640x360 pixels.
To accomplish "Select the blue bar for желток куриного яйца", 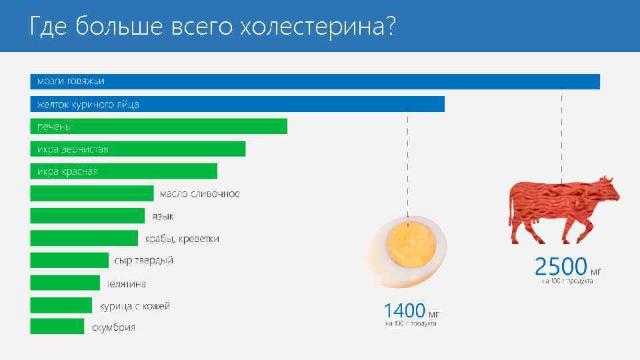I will coord(237,104).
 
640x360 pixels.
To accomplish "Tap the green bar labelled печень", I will coord(159,126).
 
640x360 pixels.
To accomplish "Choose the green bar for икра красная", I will coord(124,171).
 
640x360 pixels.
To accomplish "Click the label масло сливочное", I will coord(199,194).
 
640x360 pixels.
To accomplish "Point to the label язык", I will coord(163,216).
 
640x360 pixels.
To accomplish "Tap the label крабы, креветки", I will coord(182,239).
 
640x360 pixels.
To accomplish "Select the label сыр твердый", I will coord(144,261).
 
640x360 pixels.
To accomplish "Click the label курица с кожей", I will coord(135,306).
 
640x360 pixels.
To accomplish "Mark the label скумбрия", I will coord(113,327).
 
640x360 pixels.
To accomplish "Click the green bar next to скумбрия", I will coord(57,326).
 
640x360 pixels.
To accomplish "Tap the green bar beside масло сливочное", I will coord(92,193).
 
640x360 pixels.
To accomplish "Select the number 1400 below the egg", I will coord(404,310).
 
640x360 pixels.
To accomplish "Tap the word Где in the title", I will coord(49,27).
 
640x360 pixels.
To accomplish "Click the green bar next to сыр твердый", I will coord(69,260).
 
